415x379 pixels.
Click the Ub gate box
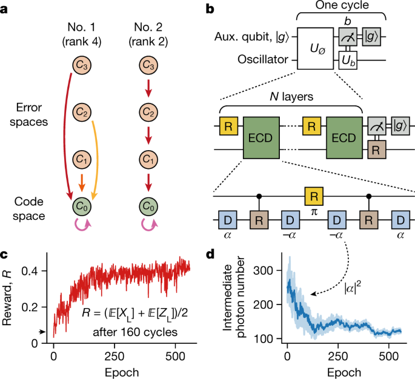click(x=347, y=61)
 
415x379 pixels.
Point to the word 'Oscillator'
click(x=264, y=61)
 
